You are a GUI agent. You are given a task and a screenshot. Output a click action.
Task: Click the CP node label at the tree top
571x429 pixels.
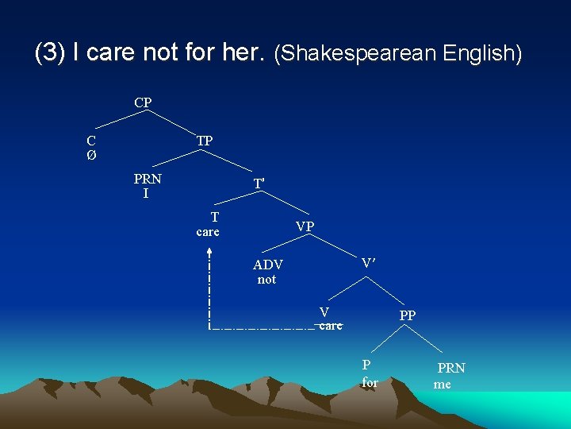tap(143, 102)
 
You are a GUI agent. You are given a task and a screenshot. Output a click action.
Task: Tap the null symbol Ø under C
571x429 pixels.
tap(91, 155)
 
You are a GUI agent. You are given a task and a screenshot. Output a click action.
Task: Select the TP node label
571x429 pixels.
tap(204, 141)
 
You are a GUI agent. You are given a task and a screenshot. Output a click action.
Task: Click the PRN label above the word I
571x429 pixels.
tap(148, 179)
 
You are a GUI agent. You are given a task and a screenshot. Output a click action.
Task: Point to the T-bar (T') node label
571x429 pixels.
tap(259, 184)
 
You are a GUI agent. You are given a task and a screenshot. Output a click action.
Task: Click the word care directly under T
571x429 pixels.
tap(208, 232)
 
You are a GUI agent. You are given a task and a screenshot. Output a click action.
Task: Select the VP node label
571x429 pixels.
tap(305, 226)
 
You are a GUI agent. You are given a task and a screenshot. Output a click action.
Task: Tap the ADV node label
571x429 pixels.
tap(268, 265)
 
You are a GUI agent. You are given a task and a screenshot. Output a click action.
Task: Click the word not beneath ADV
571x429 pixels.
tap(266, 280)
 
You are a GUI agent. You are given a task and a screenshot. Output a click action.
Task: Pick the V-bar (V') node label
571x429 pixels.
tap(369, 262)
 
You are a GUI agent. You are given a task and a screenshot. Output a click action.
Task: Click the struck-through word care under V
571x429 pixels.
tap(329, 326)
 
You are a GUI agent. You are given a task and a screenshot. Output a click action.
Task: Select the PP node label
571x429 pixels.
tap(408, 315)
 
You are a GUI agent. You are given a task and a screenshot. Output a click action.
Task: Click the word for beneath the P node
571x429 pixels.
tap(370, 382)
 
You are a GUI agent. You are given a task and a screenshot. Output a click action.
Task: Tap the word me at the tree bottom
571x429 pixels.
tap(443, 384)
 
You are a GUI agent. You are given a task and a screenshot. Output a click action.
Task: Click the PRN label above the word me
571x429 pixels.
tap(451, 368)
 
